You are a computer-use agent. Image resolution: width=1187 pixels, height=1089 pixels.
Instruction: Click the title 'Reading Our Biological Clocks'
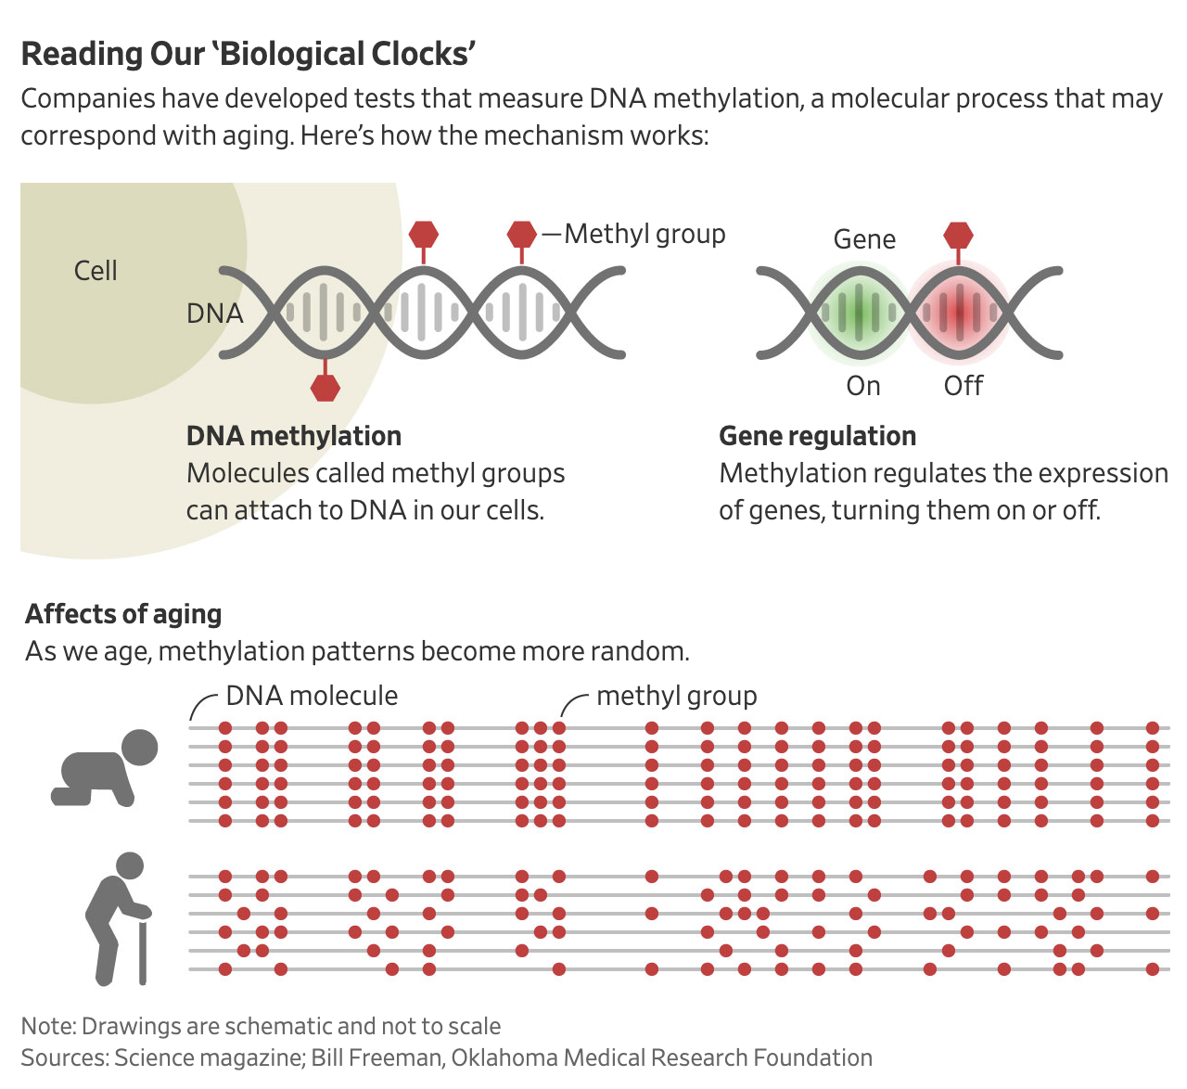pyautogui.click(x=248, y=54)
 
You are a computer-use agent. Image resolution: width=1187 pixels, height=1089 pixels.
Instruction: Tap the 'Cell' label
pyautogui.click(x=96, y=271)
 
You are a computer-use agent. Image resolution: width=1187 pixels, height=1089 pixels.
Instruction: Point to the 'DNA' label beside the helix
pyautogui.click(x=214, y=314)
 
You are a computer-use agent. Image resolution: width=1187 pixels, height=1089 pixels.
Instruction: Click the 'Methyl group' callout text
pyautogui.click(x=645, y=234)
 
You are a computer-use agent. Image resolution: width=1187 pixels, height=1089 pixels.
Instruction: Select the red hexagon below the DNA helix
pyautogui.click(x=325, y=388)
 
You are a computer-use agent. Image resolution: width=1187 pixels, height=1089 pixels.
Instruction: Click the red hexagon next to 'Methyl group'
pyautogui.click(x=522, y=235)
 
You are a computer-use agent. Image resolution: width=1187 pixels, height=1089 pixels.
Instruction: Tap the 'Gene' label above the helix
pyautogui.click(x=864, y=239)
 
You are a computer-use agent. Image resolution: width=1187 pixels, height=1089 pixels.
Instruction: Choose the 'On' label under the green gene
pyautogui.click(x=863, y=386)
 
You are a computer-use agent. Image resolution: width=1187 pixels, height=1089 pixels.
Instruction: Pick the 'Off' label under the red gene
pyautogui.click(x=963, y=386)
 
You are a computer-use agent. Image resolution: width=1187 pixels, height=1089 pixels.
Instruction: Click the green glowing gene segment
pyautogui.click(x=859, y=313)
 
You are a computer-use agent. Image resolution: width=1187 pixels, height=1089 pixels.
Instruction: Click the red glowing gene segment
pyautogui.click(x=959, y=313)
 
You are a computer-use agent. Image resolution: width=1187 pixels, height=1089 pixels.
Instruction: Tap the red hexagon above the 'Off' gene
pyautogui.click(x=958, y=236)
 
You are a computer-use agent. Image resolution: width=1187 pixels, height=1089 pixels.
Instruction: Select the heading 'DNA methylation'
pyautogui.click(x=294, y=436)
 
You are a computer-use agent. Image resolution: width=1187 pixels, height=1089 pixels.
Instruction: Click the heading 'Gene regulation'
pyautogui.click(x=817, y=436)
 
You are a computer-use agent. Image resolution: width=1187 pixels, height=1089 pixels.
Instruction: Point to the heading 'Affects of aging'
pyautogui.click(x=124, y=614)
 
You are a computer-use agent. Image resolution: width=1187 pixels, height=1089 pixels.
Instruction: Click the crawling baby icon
pyautogui.click(x=105, y=767)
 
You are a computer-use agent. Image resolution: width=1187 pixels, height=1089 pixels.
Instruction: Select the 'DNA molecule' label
pyautogui.click(x=312, y=696)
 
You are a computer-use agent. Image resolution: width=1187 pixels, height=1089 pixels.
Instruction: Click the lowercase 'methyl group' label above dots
pyautogui.click(x=676, y=696)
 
